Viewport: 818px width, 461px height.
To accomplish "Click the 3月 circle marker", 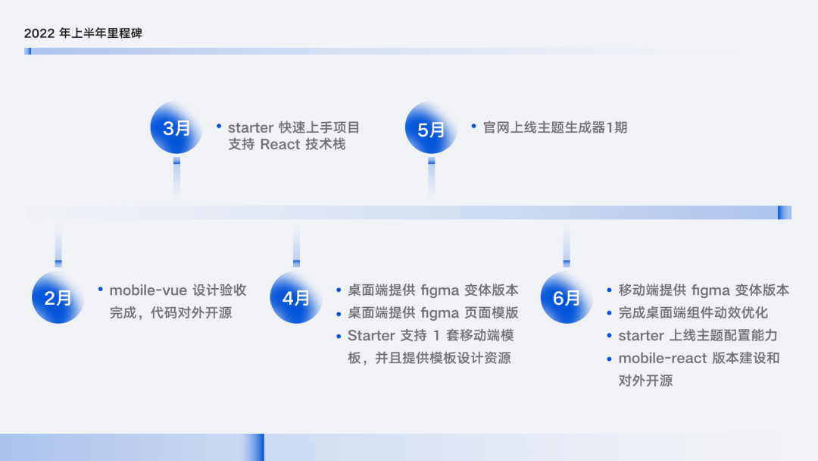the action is pos(176,128).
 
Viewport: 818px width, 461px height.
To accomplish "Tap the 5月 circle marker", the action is pos(431,129).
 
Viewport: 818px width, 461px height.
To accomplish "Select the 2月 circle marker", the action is pos(58,297).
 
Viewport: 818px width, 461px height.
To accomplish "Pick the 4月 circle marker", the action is pos(296,297).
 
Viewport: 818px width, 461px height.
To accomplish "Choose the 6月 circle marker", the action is pos(566,297).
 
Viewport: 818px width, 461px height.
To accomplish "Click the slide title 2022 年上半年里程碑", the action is pos(83,33).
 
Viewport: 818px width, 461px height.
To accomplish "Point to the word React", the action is pos(280,144).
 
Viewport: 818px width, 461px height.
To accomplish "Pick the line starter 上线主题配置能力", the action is pos(698,335).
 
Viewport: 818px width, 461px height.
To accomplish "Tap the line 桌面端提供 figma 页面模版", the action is pos(433,312).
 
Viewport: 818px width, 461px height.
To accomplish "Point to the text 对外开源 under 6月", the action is pos(645,381).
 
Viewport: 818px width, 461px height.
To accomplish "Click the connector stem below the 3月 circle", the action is pos(176,179).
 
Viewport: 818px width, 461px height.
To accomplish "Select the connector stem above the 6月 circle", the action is pos(566,246).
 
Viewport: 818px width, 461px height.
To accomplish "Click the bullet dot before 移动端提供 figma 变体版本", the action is pos(610,290).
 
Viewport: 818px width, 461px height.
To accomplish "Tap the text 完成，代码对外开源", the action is pos(170,312).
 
